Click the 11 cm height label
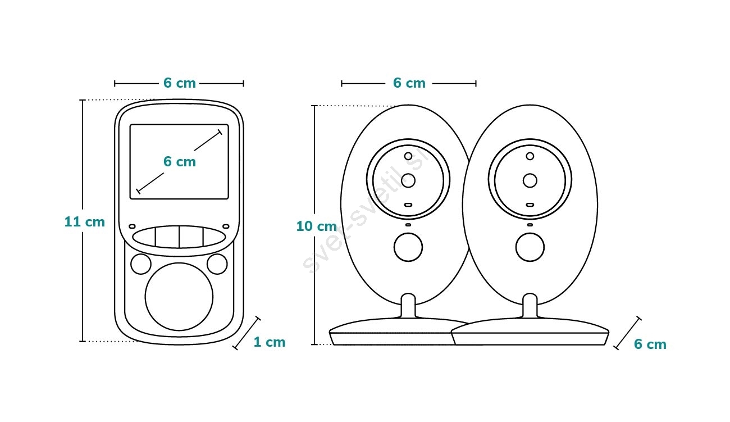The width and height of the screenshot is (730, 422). point(85,222)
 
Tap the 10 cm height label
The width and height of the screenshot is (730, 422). point(316,226)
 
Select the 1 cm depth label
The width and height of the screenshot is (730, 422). point(270,342)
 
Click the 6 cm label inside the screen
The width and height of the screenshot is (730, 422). point(180,162)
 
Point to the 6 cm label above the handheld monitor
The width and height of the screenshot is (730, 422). point(180,83)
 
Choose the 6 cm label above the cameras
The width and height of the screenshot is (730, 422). point(409,83)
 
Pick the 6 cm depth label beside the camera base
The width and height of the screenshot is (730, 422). point(650,344)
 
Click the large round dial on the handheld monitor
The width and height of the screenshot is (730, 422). point(179,297)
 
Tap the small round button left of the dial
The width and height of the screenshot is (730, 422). point(141,264)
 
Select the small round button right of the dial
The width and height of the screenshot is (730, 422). point(217,264)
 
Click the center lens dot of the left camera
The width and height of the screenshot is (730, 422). point(408,180)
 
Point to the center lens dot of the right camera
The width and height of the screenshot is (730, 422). point(530,180)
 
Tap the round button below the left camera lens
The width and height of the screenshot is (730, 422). point(408,247)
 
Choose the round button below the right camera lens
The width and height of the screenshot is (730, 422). point(530,247)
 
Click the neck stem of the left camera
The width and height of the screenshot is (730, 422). point(408,306)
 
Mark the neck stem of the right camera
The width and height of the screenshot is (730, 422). point(530,306)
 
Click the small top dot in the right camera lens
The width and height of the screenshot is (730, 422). point(530,156)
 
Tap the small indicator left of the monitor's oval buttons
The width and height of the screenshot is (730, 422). point(132,226)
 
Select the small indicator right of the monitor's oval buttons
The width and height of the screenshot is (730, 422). point(226,226)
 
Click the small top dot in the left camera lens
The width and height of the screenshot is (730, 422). point(408,156)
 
